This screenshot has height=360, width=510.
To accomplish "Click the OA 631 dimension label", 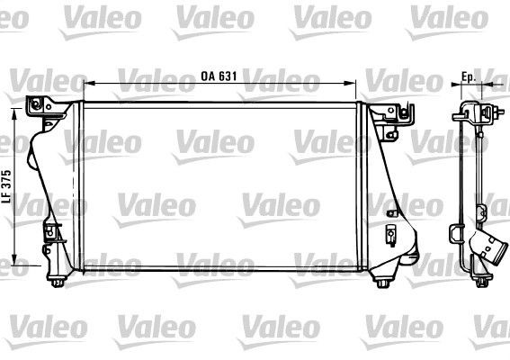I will click(218, 76).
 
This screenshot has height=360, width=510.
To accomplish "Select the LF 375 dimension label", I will click(7, 188).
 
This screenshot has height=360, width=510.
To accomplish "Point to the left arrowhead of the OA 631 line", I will click(85, 85).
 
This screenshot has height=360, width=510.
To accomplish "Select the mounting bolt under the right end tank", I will click(384, 286).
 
